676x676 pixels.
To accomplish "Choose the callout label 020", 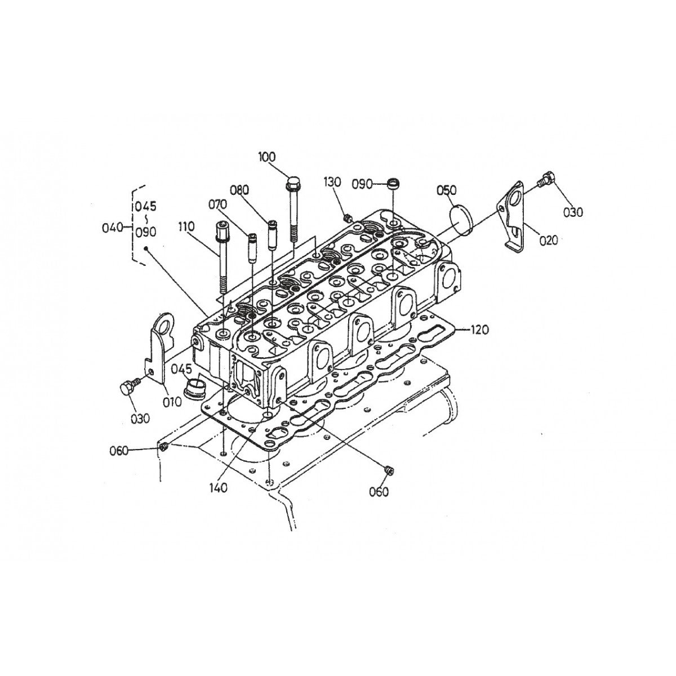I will pos(548,240).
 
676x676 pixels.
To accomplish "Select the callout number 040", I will pos(112,228).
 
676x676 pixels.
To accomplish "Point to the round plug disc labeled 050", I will pos(463,220).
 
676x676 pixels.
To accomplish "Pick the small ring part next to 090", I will pos(394,183).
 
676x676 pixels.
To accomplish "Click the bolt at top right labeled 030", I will pos(547,179).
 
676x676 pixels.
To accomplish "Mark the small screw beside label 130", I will pos(348,217).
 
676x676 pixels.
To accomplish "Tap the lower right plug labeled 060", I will pos(389,469).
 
